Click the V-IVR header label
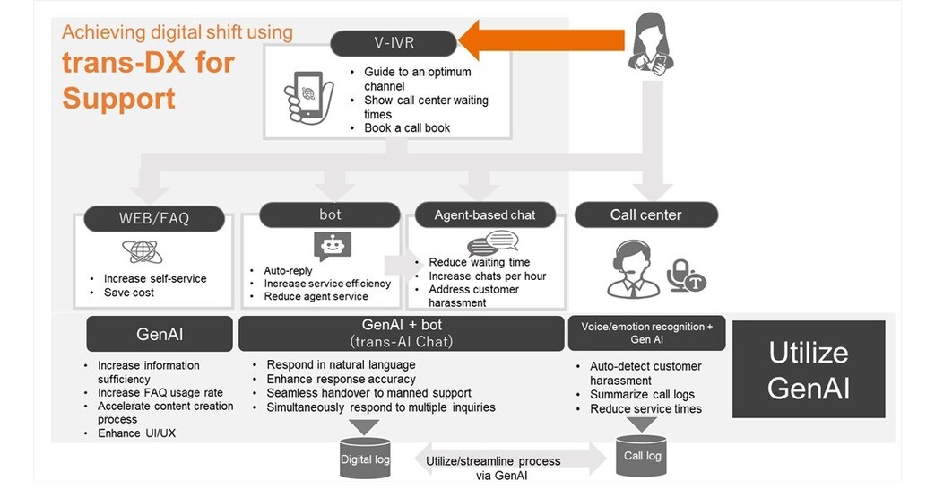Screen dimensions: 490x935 395,42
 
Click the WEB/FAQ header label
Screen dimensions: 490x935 154,218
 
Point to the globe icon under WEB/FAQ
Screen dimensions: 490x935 143,251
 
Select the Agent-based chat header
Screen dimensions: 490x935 485,215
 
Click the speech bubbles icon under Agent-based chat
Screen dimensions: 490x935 492,243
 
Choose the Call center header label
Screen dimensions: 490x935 645,215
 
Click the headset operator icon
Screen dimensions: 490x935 633,268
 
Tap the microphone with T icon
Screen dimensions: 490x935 686,276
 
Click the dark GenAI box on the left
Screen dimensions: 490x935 160,333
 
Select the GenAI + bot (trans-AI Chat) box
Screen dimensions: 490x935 401,333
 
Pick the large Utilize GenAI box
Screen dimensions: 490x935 808,369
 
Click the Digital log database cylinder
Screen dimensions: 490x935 365,456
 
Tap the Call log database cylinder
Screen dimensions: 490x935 642,453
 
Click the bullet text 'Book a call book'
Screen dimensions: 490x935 407,128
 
